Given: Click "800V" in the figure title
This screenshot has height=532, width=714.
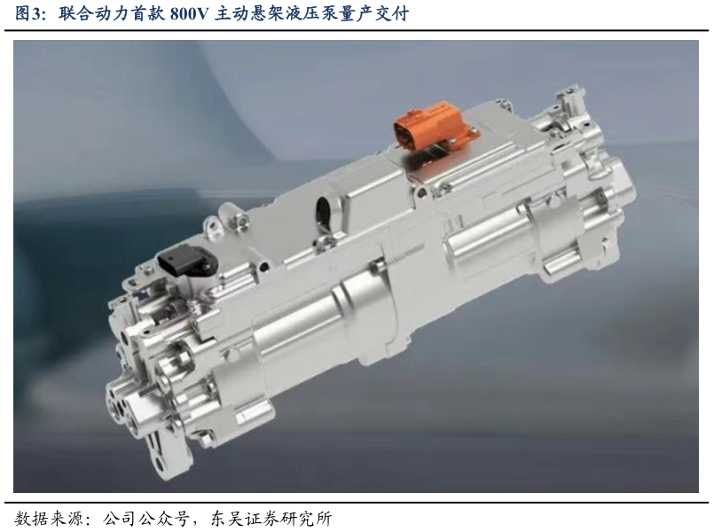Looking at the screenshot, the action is coord(188,14).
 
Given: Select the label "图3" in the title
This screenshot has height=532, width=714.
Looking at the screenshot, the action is coord(28,14).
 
